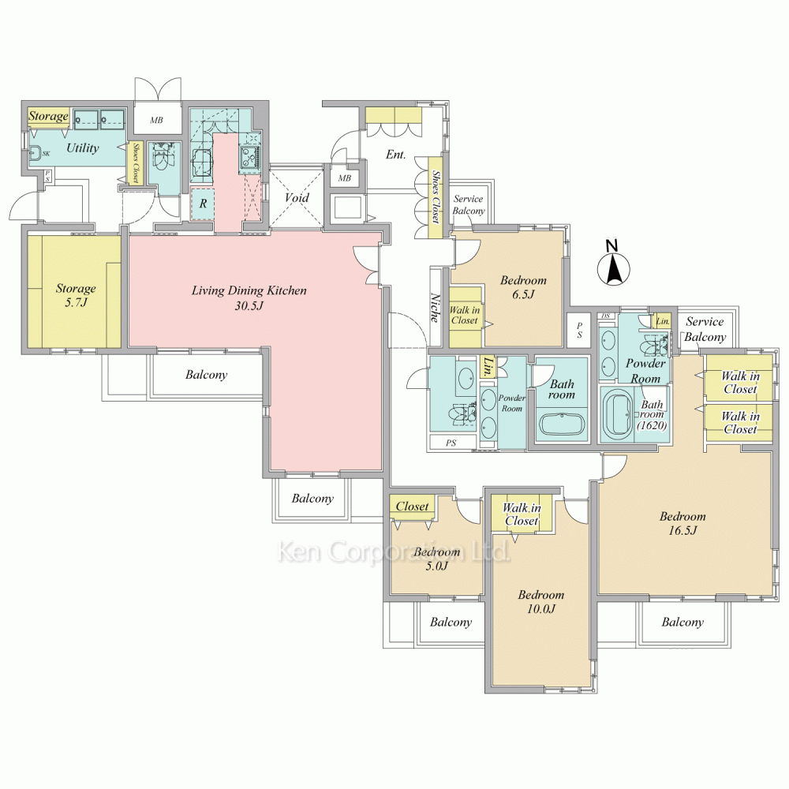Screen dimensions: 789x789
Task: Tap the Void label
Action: point(297,198)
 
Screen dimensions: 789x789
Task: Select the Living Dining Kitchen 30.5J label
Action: point(249,298)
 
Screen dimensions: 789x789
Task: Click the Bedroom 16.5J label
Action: point(682,523)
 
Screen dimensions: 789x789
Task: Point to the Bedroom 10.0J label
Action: point(541,602)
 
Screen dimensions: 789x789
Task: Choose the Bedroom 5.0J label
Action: point(437,559)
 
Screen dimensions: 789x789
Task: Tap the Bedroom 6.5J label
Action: point(523,287)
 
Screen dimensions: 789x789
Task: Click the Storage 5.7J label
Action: point(76,295)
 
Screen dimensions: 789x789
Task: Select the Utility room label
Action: point(83,148)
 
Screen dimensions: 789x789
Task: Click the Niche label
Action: point(435,308)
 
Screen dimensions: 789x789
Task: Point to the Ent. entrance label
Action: point(396,155)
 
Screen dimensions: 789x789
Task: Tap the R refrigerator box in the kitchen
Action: point(203,204)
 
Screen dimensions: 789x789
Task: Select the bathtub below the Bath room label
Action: point(561,424)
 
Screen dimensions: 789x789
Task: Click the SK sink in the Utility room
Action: point(36,151)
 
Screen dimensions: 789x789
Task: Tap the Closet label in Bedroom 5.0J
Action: point(412,507)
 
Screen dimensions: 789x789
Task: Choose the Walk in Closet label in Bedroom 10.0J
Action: point(522,514)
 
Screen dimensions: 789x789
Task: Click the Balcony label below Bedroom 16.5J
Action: point(682,623)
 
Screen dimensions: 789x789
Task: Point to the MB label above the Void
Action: point(345,178)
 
